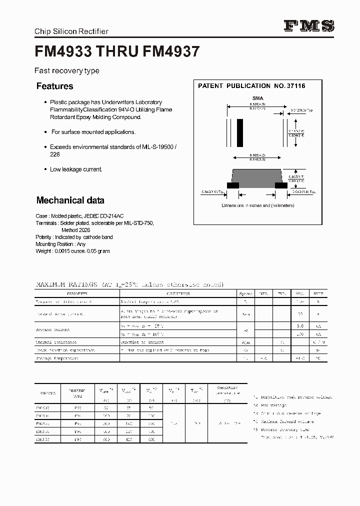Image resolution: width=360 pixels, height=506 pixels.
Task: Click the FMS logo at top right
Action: [x=309, y=26]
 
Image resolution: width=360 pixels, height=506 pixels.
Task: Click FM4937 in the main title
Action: [x=171, y=51]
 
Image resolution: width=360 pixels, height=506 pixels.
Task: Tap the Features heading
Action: [x=54, y=86]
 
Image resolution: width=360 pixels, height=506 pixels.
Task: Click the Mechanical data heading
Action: [x=70, y=200]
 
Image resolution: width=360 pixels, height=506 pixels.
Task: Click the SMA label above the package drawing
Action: [x=257, y=98]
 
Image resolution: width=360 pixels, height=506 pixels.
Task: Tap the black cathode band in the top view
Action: [x=240, y=132]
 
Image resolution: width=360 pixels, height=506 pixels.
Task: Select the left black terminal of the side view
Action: [x=232, y=185]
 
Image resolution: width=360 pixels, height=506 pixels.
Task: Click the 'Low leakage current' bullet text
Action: [x=76, y=169]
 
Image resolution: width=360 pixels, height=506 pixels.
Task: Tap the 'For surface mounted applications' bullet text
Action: [x=93, y=132]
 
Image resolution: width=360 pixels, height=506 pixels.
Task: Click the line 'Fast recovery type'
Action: [x=66, y=70]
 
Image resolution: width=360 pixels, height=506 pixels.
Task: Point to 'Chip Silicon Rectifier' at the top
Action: [x=71, y=31]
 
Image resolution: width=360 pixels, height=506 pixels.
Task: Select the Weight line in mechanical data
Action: [x=72, y=251]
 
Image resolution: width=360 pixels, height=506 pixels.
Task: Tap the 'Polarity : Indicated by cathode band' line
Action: [x=74, y=237]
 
